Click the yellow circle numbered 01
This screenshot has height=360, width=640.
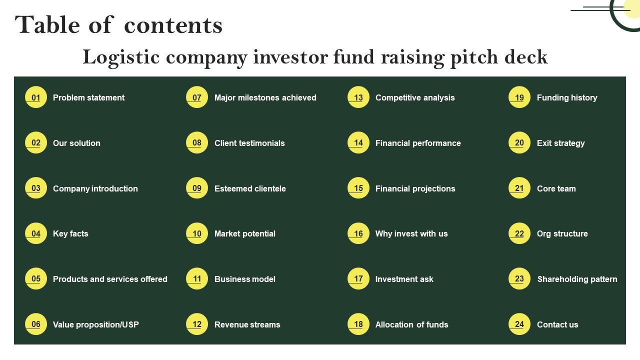[x=35, y=97]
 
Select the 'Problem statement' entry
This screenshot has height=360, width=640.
[x=88, y=97]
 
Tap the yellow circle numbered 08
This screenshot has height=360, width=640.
[x=197, y=142]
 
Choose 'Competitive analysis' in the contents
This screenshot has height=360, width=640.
[x=415, y=97]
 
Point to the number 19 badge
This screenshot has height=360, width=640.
[x=519, y=97]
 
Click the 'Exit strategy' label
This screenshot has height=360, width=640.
[x=560, y=143]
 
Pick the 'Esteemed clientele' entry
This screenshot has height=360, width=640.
[x=250, y=188]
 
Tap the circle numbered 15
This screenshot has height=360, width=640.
[x=358, y=187]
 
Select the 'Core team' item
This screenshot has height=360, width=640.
[x=556, y=188]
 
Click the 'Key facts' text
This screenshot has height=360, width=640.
[x=70, y=233]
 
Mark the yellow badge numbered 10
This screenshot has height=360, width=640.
[x=197, y=233]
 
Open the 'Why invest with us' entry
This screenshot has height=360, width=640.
[x=411, y=233]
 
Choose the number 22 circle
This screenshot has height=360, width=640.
[x=519, y=233]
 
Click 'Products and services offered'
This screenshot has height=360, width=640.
[x=110, y=279]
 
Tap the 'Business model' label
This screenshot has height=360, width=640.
[x=245, y=279]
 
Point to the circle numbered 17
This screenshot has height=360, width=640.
[x=358, y=278]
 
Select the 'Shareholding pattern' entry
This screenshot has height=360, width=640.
[x=577, y=279]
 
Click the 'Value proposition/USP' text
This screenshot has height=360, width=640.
[x=95, y=324]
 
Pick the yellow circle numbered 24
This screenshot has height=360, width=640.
[x=519, y=324]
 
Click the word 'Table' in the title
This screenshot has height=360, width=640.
[x=47, y=25]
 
